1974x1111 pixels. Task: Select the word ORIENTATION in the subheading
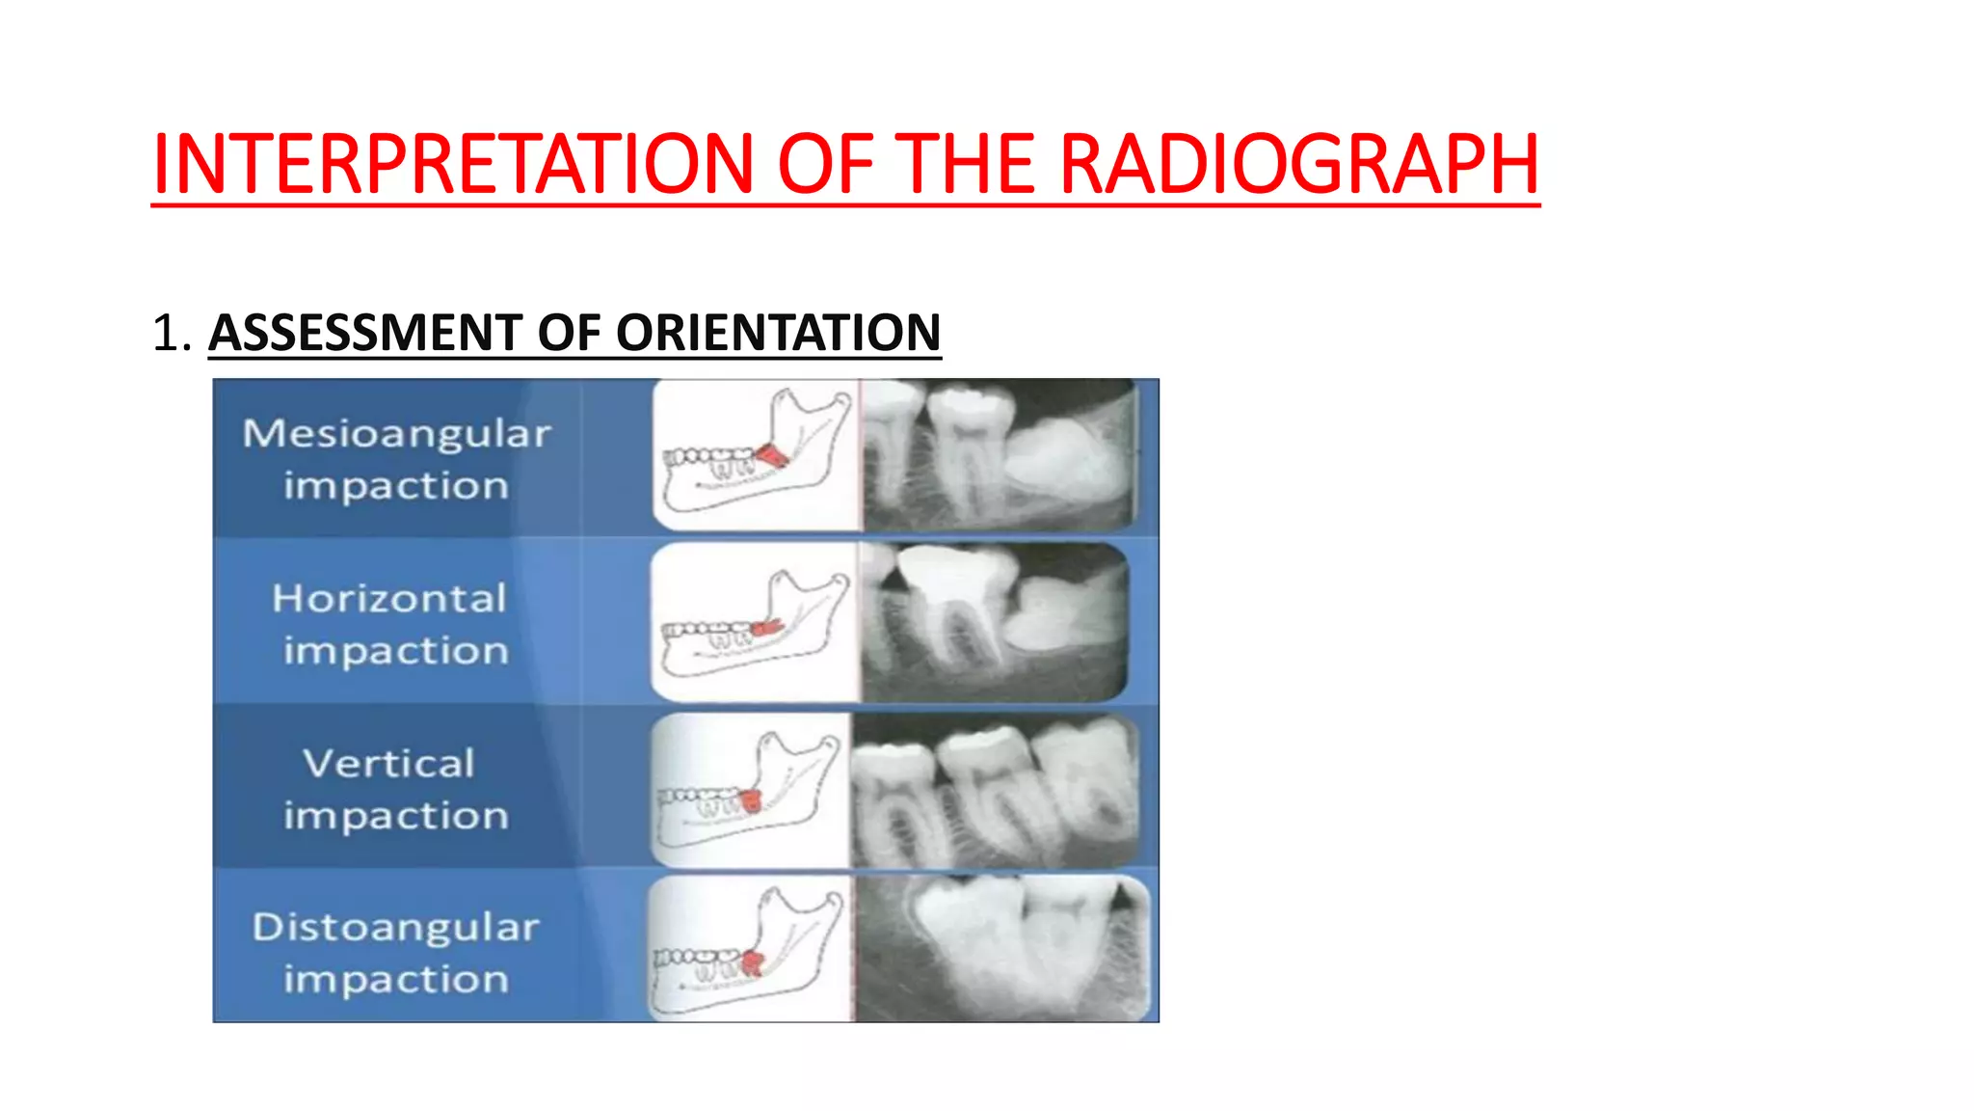coord(778,333)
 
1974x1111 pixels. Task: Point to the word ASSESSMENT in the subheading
coord(365,333)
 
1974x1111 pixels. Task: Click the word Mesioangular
coord(396,433)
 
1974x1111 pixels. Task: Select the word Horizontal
coord(389,598)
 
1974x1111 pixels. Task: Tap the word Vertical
coord(389,763)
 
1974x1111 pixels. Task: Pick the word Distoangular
coord(395,927)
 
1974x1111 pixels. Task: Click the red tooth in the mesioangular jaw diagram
coord(771,454)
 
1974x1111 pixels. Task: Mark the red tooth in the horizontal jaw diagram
coord(766,628)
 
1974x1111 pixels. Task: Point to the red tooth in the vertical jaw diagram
coord(750,799)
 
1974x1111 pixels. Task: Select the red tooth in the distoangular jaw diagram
coord(752,962)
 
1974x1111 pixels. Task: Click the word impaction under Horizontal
coord(395,651)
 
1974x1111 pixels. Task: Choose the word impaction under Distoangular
coord(395,980)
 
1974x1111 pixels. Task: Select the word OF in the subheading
coord(569,333)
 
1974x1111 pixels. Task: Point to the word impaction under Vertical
coord(395,816)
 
